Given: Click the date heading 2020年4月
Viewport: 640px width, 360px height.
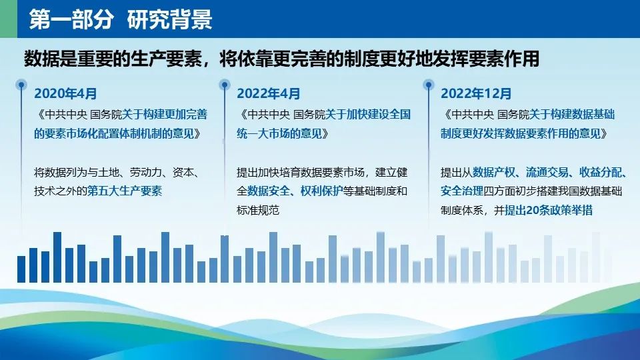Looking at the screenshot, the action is [65, 93].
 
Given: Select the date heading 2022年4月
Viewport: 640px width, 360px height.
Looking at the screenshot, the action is [268, 93].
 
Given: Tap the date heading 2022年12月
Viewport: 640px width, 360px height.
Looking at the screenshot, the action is [476, 93].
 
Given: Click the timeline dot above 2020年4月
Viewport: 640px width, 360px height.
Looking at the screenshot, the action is [21, 85].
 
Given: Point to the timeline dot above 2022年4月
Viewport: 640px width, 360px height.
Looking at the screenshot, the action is [224, 85].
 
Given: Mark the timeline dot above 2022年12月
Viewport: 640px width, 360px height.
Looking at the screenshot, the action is [428, 85].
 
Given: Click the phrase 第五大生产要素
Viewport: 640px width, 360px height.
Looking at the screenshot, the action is [125, 191].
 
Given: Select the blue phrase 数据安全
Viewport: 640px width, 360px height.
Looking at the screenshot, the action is [268, 191].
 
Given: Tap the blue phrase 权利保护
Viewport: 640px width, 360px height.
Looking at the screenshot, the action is [321, 191].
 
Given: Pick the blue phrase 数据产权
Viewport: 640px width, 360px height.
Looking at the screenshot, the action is [494, 172].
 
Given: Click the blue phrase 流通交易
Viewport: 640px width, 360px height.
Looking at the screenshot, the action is [547, 172].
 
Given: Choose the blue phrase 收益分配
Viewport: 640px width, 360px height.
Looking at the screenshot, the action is [601, 172].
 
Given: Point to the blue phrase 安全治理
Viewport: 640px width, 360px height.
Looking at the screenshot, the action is [461, 191].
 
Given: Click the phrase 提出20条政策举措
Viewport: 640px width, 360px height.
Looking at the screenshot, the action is [549, 210].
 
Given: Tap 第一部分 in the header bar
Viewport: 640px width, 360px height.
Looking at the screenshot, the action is [71, 19].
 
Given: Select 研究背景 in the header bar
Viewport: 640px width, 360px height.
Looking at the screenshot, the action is [170, 19].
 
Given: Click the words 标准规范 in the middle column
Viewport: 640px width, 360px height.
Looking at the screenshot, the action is [258, 210].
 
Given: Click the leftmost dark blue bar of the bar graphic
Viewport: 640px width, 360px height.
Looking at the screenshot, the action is [21, 269].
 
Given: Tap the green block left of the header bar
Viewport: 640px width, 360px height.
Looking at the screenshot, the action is [9, 19].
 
